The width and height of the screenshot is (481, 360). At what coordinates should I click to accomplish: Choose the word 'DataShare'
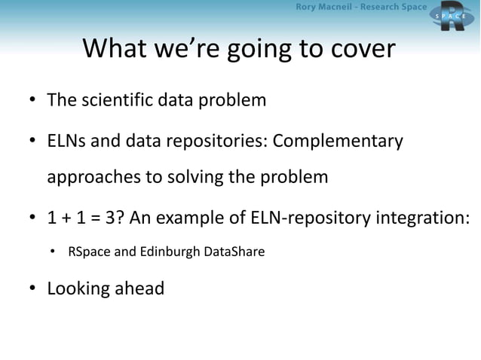pos(234,251)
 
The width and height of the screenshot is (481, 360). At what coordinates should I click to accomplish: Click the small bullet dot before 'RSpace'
pos(54,252)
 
